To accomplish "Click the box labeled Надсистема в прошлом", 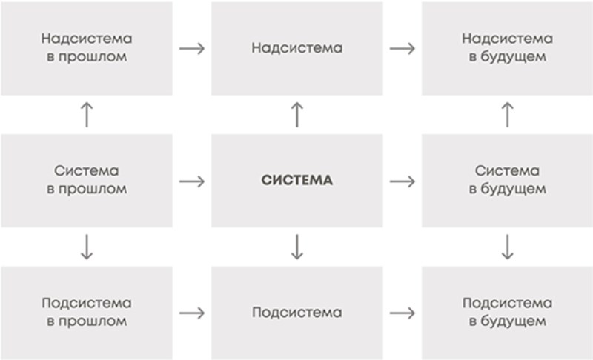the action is pyautogui.click(x=87, y=48).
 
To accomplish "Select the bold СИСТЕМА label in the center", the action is pyautogui.click(x=297, y=180).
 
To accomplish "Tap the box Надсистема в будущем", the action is pyautogui.click(x=507, y=48).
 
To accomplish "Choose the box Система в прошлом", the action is pyautogui.click(x=87, y=181).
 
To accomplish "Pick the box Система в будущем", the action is pyautogui.click(x=507, y=181).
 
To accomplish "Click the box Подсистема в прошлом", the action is pyautogui.click(x=87, y=313).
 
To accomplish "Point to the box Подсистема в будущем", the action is pyautogui.click(x=507, y=313).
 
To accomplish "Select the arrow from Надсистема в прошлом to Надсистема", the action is pyautogui.click(x=192, y=48).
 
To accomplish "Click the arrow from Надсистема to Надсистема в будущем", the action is pyautogui.click(x=402, y=48).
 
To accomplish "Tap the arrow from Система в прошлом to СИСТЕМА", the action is pyautogui.click(x=192, y=181).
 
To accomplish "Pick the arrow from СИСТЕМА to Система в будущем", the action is pyautogui.click(x=402, y=181).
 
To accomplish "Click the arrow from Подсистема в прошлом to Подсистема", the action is pyautogui.click(x=192, y=313).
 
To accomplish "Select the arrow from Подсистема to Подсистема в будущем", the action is pyautogui.click(x=402, y=313).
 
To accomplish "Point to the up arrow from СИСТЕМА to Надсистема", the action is pyautogui.click(x=297, y=115).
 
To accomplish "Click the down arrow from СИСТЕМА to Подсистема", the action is pyautogui.click(x=297, y=247).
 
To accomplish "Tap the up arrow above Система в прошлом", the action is pyautogui.click(x=87, y=115).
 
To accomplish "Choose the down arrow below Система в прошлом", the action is pyautogui.click(x=87, y=247).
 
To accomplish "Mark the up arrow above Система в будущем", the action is pyautogui.click(x=507, y=115).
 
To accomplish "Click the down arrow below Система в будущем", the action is pyautogui.click(x=507, y=247).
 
